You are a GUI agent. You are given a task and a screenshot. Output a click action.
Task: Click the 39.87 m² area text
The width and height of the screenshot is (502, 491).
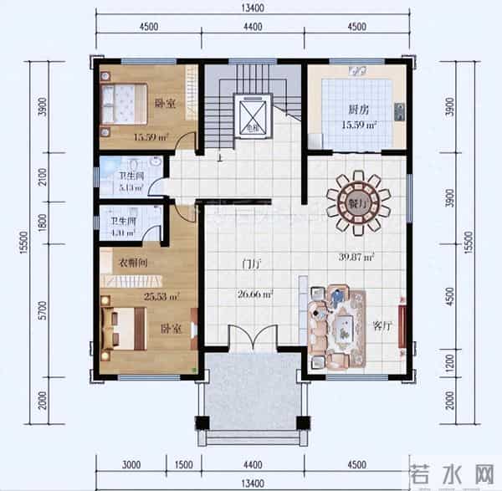click(x=356, y=258)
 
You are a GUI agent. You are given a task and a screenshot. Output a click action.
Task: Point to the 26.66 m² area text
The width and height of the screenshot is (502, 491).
click(x=253, y=294)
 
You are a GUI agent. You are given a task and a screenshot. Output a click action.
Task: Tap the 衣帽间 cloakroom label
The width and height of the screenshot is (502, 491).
click(x=133, y=262)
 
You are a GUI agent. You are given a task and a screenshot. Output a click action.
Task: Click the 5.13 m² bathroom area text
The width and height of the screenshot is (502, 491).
click(x=131, y=188)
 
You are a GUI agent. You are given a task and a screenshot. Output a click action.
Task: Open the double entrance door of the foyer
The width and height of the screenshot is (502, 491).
click(x=252, y=338)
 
